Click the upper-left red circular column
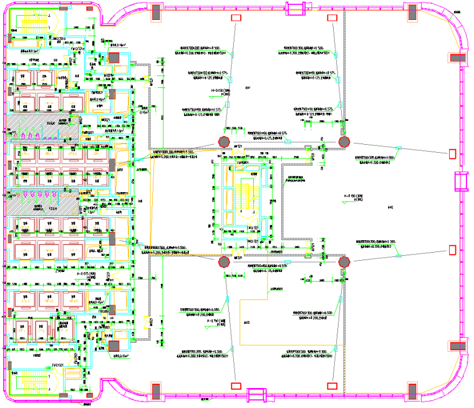(223, 142)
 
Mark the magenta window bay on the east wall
(461, 180)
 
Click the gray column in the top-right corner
(412, 12)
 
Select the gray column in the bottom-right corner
(412, 392)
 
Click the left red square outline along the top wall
(236, 18)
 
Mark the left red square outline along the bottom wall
(236, 386)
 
